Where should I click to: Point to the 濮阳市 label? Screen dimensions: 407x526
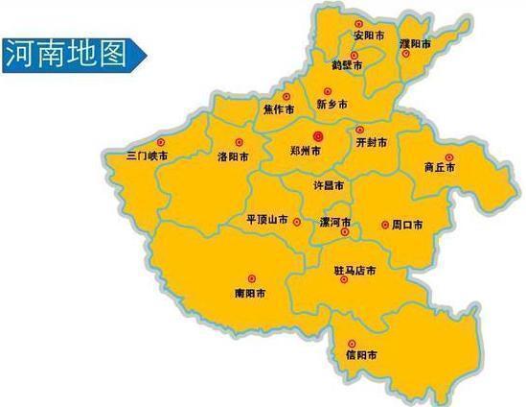[414, 44]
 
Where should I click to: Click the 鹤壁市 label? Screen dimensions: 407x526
[347, 65]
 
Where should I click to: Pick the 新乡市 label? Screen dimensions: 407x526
[332, 104]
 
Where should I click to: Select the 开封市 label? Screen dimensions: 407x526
[371, 142]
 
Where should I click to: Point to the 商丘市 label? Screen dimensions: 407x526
[442, 167]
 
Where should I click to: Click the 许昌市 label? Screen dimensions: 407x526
[330, 182]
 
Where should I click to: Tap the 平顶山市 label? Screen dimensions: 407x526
[267, 220]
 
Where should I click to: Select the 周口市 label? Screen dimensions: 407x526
[407, 226]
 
